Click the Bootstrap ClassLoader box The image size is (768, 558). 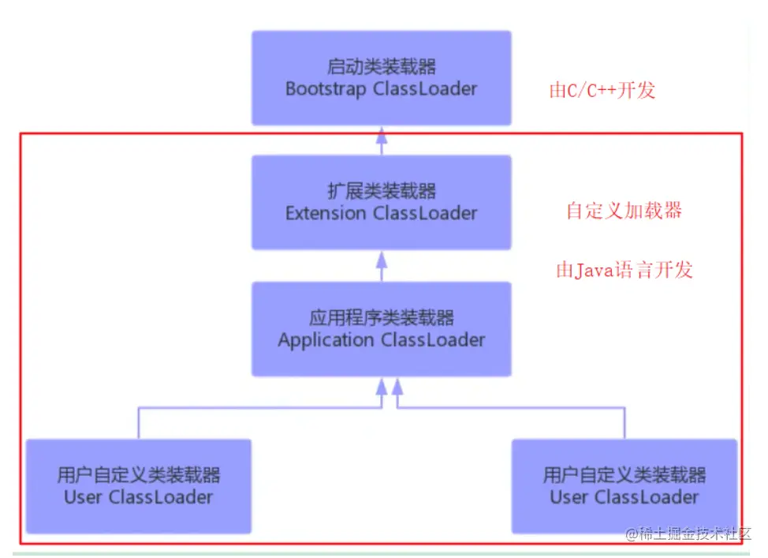(382, 78)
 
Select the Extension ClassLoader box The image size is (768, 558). (382, 203)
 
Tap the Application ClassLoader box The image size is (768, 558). (382, 329)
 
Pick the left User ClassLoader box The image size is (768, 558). (139, 486)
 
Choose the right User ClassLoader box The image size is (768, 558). (624, 486)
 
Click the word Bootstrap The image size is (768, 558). (326, 89)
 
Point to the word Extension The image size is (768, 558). (326, 213)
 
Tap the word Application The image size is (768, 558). (326, 340)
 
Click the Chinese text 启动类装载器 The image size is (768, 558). (382, 66)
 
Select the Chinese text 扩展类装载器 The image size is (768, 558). (382, 191)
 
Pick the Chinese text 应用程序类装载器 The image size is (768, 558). (382, 318)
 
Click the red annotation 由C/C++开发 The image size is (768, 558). (602, 90)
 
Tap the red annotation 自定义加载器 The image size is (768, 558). (624, 211)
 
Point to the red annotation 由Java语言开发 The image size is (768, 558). (624, 270)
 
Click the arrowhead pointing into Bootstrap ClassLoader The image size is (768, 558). (382, 135)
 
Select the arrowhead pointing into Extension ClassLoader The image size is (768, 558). (382, 260)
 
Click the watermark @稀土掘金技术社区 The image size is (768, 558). (688, 534)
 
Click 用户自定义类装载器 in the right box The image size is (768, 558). (624, 474)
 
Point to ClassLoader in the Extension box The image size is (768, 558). (425, 213)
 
